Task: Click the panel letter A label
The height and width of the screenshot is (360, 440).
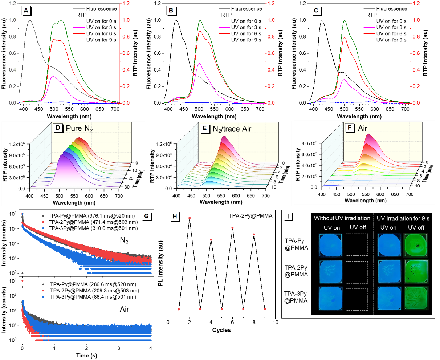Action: [x=25, y=11]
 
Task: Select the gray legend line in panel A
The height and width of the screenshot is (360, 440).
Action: [x=79, y=8]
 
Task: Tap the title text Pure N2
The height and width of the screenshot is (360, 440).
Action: [x=79, y=128]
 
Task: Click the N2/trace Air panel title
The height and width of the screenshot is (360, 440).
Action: [x=232, y=128]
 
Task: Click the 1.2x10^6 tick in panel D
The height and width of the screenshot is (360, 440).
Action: [x=17, y=145]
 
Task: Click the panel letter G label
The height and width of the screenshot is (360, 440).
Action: [x=146, y=216]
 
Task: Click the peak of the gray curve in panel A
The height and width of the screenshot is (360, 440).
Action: [x=30, y=21]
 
